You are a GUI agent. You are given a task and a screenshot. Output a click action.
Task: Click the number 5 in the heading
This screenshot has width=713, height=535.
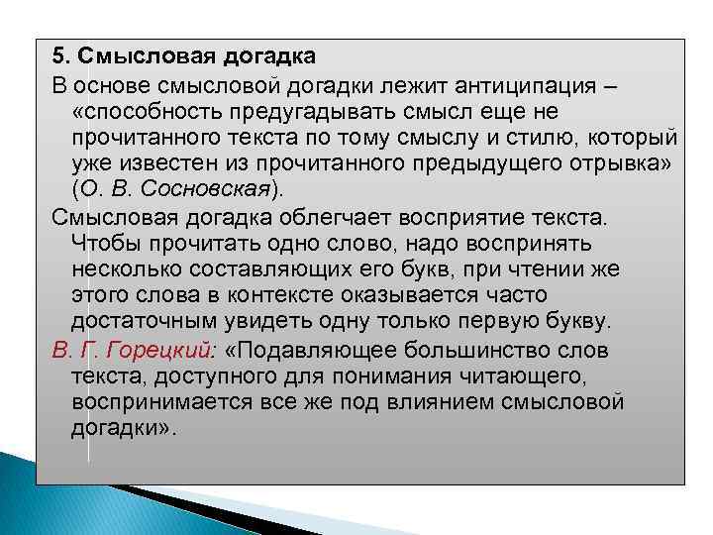click(58, 54)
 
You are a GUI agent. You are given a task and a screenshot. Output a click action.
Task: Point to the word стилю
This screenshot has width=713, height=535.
click(552, 135)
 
